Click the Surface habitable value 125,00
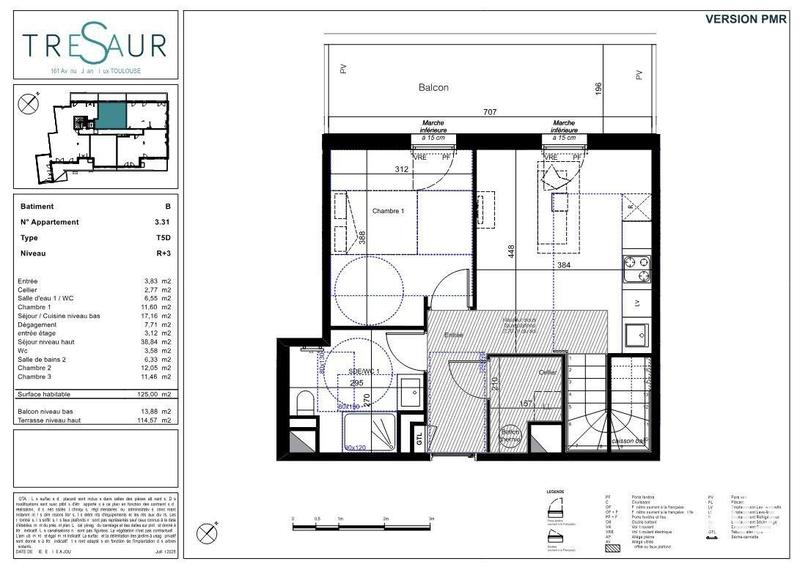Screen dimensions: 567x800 pos(154,395)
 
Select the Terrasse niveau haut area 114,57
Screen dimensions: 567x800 pos(153,420)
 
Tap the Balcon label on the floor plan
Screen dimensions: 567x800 pos(433,88)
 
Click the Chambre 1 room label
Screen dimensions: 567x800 pos(388,212)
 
